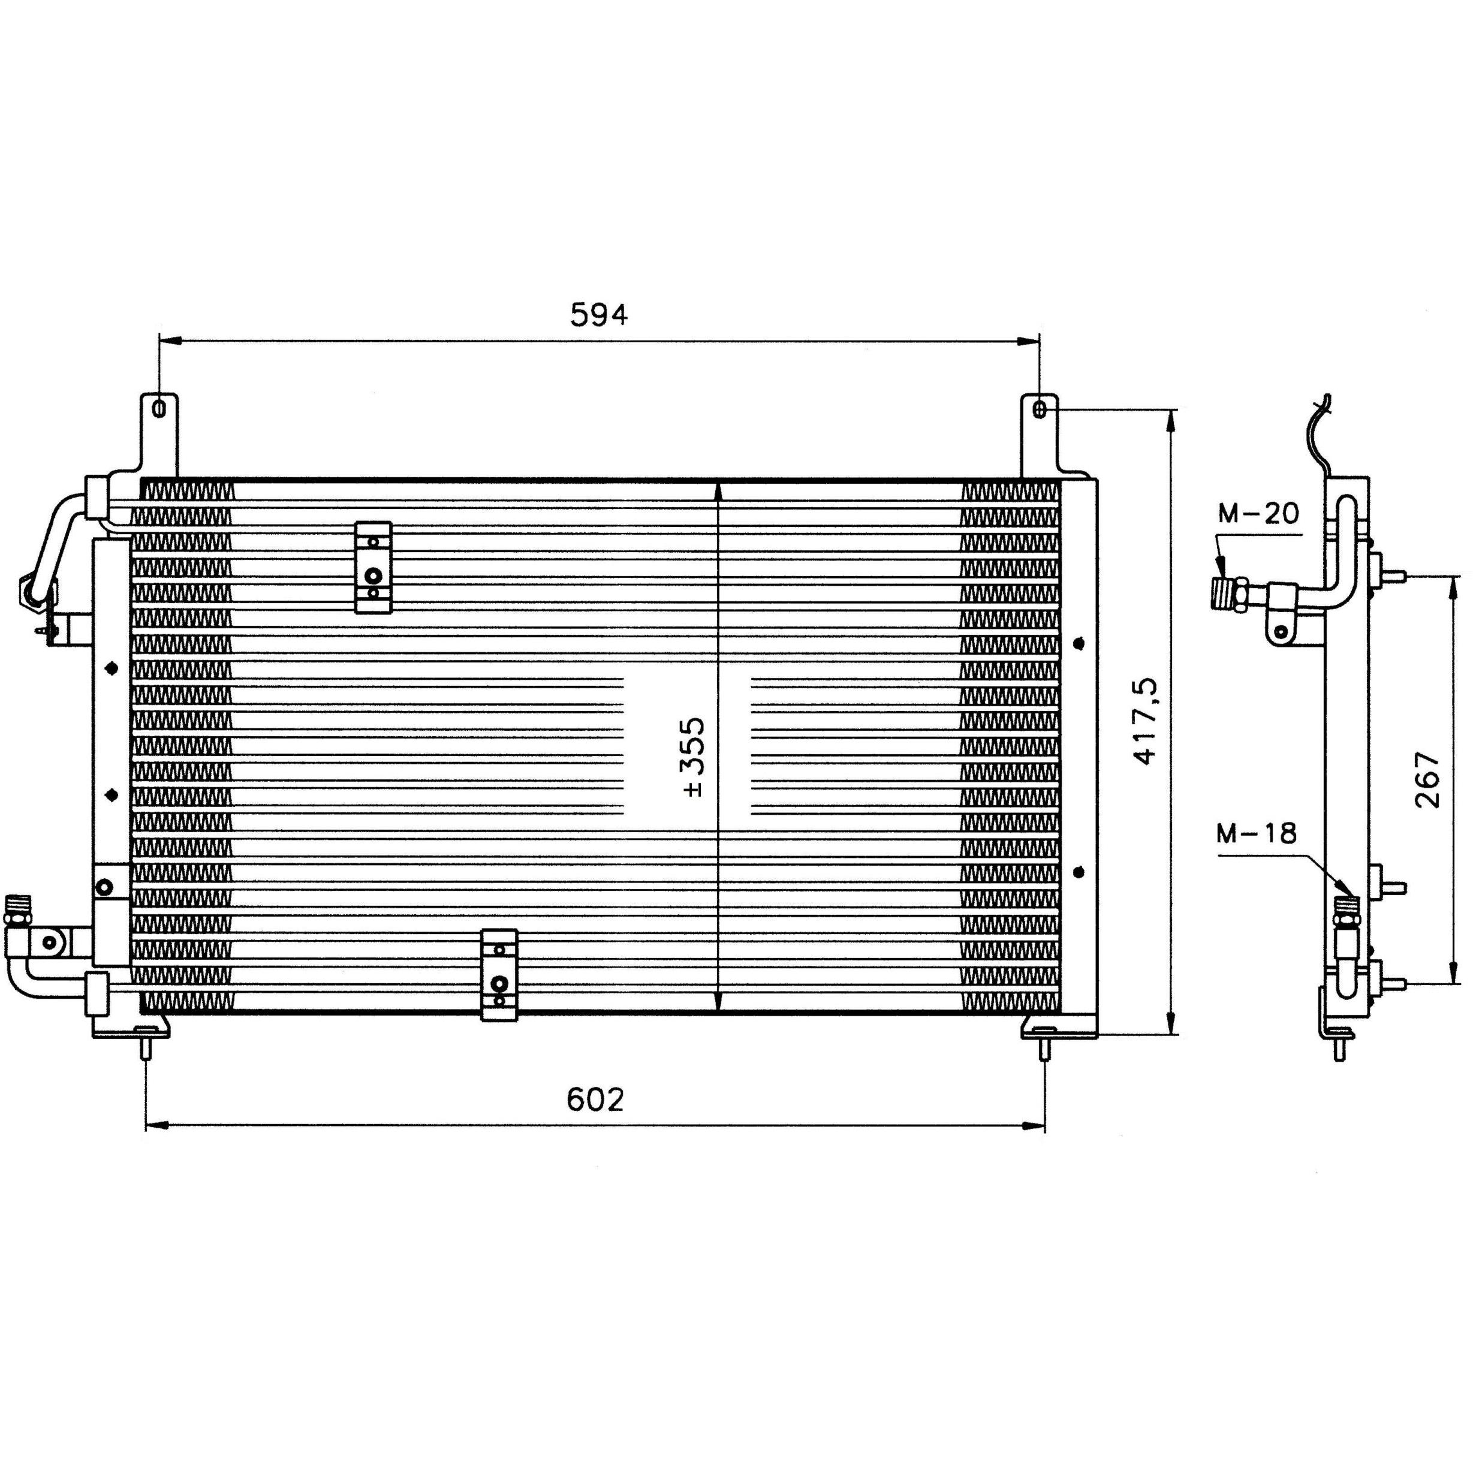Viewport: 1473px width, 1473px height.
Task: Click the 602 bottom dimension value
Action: [595, 1100]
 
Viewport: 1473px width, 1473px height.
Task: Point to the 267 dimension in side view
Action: [1426, 780]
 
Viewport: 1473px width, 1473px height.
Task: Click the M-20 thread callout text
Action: [1258, 514]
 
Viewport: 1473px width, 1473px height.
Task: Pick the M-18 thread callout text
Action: [1257, 833]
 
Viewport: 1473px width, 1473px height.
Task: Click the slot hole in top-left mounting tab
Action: [159, 409]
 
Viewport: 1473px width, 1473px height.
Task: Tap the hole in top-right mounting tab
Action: [1040, 409]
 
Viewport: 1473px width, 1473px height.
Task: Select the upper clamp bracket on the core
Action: [373, 567]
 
